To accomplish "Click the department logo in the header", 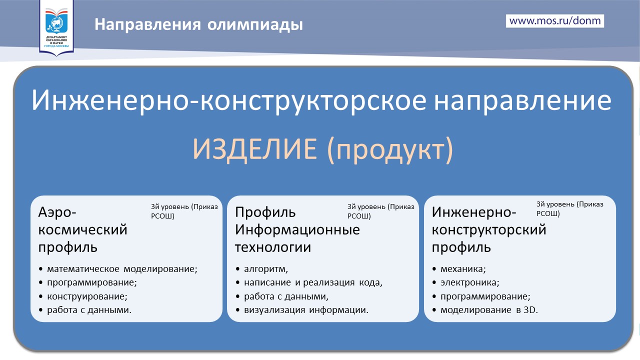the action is [56, 27].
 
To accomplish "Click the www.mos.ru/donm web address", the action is [555, 21].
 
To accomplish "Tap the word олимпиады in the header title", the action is [255, 24].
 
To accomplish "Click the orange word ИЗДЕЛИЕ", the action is [254, 149].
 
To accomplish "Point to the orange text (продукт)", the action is [390, 149].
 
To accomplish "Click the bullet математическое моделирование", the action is [122, 269].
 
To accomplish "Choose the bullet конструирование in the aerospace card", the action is [87, 296].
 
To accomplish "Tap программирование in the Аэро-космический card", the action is [92, 282].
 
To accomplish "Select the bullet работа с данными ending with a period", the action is [89, 309].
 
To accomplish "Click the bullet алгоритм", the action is [265, 269].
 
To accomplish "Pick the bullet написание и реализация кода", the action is [313, 282].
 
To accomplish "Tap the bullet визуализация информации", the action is [306, 309].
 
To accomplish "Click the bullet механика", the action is [463, 269].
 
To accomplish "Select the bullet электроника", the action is [469, 282].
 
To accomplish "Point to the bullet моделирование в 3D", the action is [489, 309].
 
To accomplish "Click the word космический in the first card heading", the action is [82, 229].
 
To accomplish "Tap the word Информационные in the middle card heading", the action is [297, 229].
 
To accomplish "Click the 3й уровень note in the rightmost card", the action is [569, 208].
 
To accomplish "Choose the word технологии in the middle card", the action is [273, 247].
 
